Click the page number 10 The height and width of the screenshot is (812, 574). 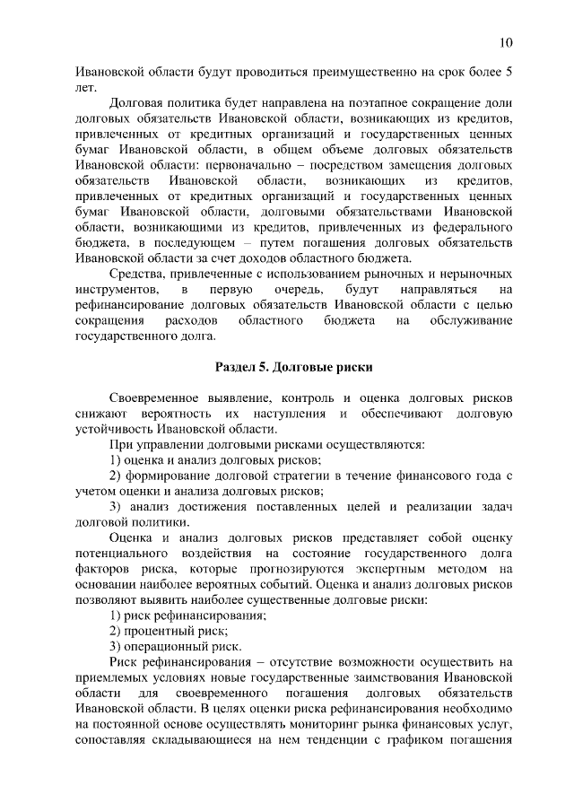[x=506, y=42]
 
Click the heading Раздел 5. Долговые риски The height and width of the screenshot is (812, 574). [x=293, y=368]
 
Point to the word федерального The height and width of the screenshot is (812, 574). [x=469, y=228]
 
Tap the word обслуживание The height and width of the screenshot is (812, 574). [x=466, y=321]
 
